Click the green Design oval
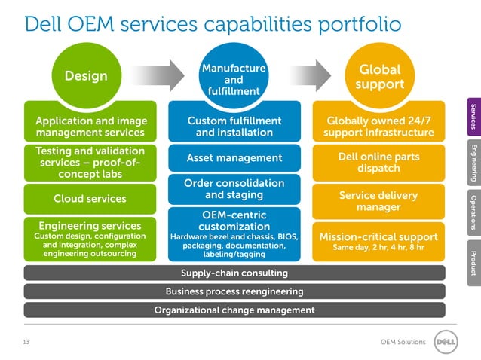[85, 76]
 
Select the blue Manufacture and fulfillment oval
[234, 79]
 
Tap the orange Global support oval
[380, 76]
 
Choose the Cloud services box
[90, 200]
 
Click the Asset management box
[234, 157]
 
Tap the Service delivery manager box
[378, 201]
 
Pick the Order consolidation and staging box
[234, 189]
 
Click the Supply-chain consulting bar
[234, 272]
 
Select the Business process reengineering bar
[234, 291]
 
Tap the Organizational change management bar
[234, 310]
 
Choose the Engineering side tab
[473, 162]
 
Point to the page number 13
[26, 343]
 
